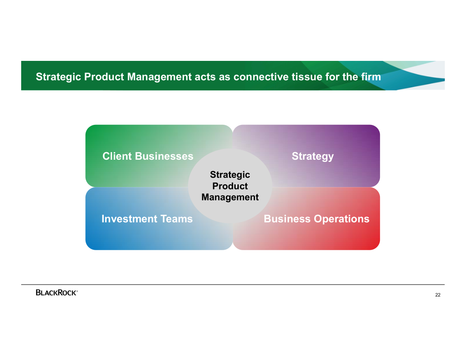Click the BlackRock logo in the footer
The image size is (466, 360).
click(x=56, y=292)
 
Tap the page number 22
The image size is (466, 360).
click(x=438, y=295)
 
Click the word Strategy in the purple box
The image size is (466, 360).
click(x=312, y=157)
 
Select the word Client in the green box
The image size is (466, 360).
click(x=117, y=156)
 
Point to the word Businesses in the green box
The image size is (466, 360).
click(x=164, y=156)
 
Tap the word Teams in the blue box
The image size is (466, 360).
click(x=177, y=219)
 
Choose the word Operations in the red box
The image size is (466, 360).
click(x=342, y=219)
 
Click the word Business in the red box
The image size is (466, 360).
click(x=287, y=219)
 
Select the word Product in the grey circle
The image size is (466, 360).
click(x=230, y=186)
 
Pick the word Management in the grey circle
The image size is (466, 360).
click(x=230, y=197)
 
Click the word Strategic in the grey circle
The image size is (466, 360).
click(x=230, y=175)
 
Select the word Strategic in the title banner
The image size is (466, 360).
click(x=59, y=77)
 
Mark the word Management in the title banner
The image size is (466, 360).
click(x=160, y=77)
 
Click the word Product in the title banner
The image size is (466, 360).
click(x=104, y=77)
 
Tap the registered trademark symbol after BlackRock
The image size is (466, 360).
click(x=77, y=291)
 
